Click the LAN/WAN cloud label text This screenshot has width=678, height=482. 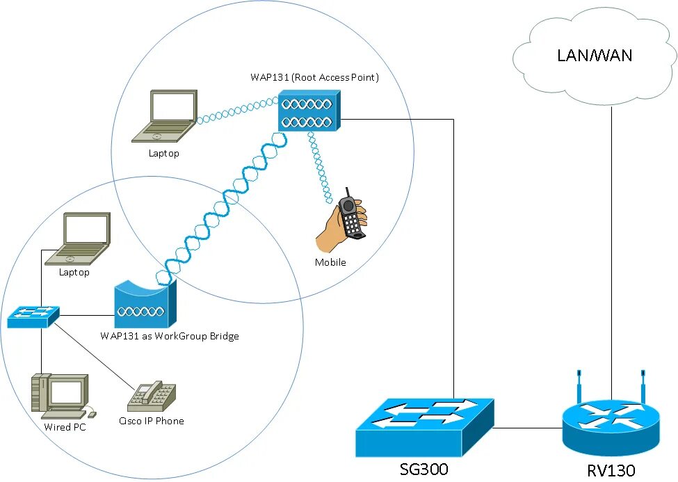click(595, 56)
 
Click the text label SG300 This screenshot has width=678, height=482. click(423, 469)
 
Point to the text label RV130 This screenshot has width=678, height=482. click(611, 471)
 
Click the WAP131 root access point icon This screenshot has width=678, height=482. click(309, 111)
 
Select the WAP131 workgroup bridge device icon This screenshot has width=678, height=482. click(145, 304)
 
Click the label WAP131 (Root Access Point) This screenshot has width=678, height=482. click(315, 77)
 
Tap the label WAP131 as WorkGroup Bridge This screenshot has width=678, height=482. click(170, 336)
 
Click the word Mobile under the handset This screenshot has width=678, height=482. click(330, 262)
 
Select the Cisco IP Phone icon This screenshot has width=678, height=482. click(152, 396)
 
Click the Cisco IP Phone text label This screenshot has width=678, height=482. click(152, 421)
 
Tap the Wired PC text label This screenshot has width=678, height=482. click(65, 427)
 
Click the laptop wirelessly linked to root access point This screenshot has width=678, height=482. click(165, 116)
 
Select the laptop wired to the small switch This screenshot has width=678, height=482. click(78, 239)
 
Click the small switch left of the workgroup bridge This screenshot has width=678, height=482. click(33, 316)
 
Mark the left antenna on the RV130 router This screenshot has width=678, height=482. click(579, 386)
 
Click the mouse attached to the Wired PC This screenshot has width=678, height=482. click(92, 415)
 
